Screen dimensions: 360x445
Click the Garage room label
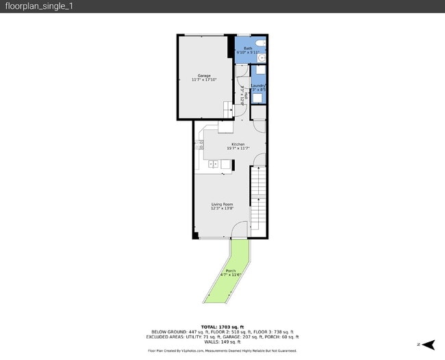tap(204, 75)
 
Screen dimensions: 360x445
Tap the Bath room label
tap(248, 48)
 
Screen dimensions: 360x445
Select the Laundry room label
tap(258, 86)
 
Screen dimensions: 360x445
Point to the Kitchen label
tap(238, 144)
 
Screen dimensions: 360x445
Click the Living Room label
tap(222, 204)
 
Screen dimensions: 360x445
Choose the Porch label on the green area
tap(231, 271)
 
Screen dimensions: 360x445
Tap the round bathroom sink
tap(261, 58)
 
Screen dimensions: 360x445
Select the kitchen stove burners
tap(200, 144)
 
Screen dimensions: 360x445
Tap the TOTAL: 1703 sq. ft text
tap(222, 326)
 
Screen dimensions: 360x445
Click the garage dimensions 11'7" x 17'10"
tap(204, 79)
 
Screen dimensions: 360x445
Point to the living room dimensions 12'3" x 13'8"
tap(222, 208)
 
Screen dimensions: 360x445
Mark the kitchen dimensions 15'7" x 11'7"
tap(238, 148)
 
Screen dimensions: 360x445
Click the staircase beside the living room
tap(257, 198)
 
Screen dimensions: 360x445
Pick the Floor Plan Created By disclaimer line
tap(222, 350)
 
